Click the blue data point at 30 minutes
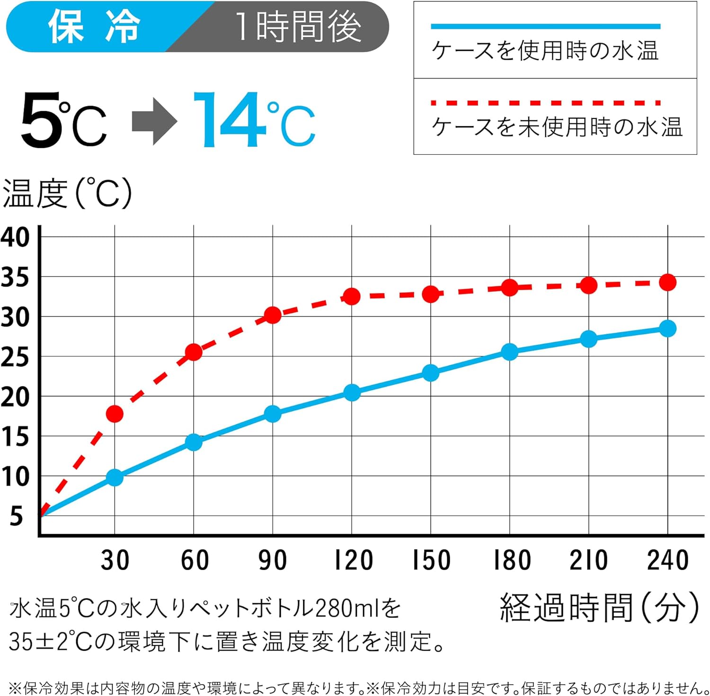115,477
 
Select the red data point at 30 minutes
115,414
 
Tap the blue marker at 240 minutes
667,328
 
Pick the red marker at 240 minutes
667,283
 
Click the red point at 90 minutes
273,315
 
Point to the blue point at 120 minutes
352,393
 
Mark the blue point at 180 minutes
509,352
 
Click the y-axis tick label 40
15,237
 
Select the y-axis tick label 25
15,357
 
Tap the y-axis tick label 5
17,516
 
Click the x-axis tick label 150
431,560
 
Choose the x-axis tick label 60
195,560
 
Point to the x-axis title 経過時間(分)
599,608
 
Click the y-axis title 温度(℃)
67,193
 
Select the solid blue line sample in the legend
545,27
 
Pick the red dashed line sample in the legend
545,103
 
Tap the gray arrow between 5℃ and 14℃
154,122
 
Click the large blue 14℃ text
254,121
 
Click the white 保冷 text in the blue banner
94,27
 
